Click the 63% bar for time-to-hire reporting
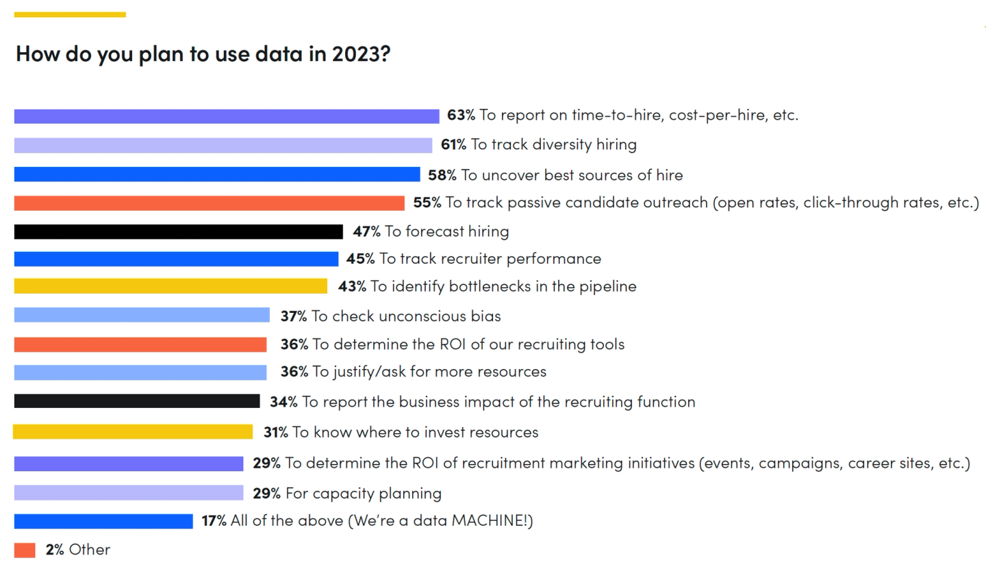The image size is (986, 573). pos(227,116)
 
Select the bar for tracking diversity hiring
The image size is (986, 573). pos(223,145)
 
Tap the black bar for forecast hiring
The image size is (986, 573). pos(178,231)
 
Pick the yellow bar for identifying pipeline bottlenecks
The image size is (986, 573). pos(170,286)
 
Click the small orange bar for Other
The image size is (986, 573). pos(25,550)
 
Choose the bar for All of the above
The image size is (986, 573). pos(103,521)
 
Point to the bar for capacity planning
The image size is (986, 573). pos(129,492)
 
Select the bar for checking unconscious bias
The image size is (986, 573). pos(142,315)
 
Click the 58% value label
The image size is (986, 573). pos(442,175)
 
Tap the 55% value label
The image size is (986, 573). pos(427,203)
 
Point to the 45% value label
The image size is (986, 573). pos(360,258)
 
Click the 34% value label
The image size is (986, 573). pos(283,402)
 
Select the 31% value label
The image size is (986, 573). pos(275,432)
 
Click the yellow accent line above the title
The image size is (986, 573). pos(70,14)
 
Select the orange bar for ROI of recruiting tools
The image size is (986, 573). pos(140,344)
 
